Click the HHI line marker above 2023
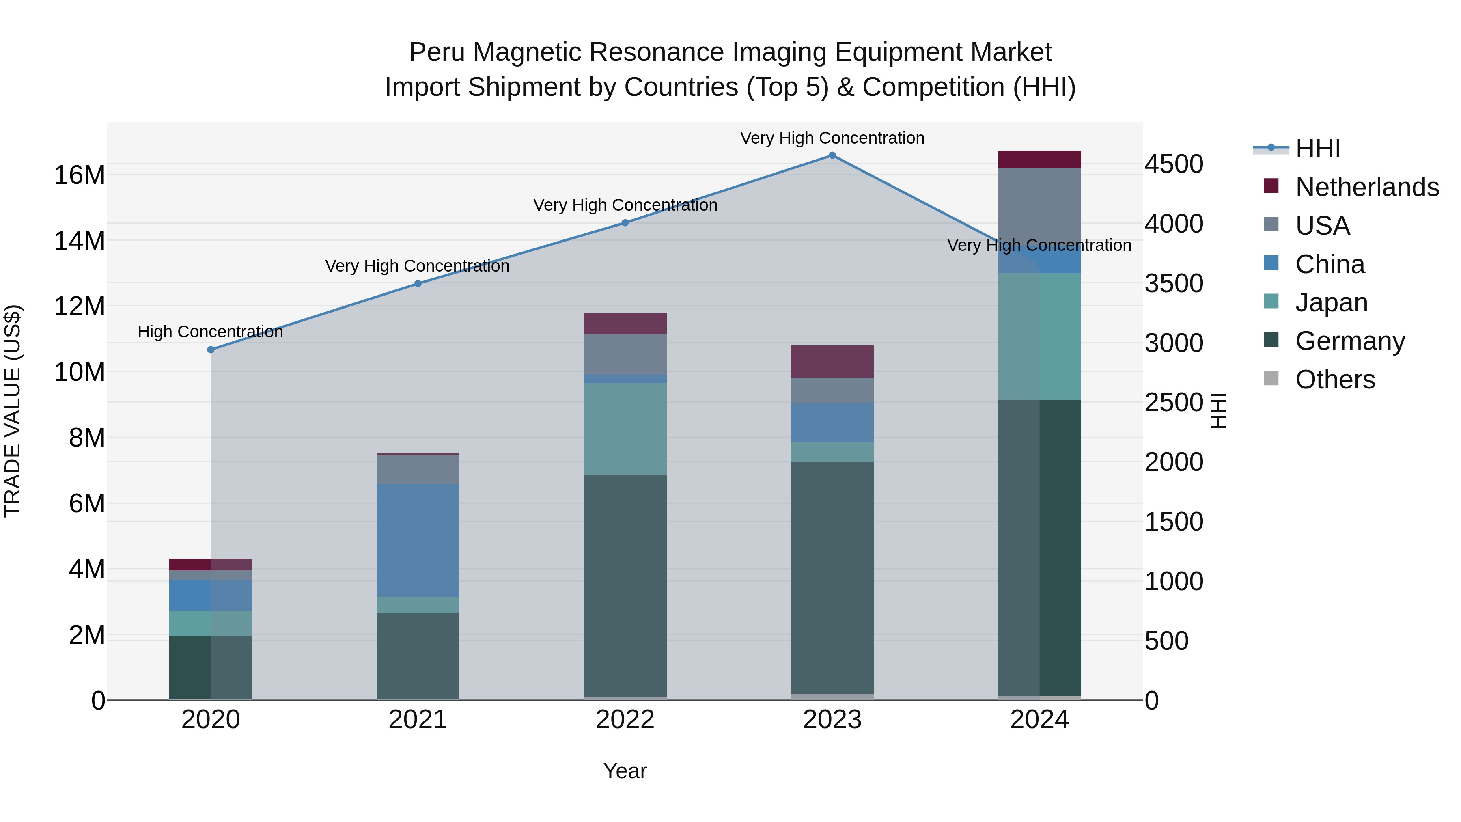point(832,155)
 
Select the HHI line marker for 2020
point(211,350)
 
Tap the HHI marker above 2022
point(625,223)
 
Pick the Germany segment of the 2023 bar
point(832,578)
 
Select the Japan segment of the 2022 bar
point(625,429)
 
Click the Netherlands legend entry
point(1367,187)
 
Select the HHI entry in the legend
point(1317,149)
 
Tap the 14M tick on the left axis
point(80,241)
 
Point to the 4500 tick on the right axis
point(1173,164)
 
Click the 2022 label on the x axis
point(625,720)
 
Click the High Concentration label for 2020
point(210,332)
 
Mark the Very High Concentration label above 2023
point(832,138)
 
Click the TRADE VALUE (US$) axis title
point(13,411)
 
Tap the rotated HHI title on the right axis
point(1217,411)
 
